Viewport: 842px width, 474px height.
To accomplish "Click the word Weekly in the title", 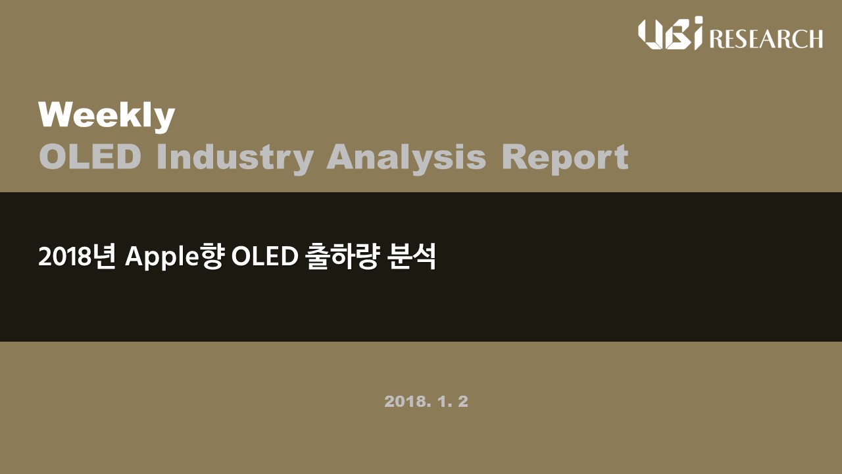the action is coord(107,117).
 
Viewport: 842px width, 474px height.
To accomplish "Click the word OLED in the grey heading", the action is coord(90,157).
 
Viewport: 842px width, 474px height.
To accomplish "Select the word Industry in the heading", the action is coord(235,159).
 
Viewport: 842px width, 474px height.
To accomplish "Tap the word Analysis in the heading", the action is coord(407,159).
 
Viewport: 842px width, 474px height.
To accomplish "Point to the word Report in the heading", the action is coord(565,159).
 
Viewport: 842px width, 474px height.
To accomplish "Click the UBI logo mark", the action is coord(670,33).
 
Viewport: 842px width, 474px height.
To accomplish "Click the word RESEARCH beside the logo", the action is coord(766,38).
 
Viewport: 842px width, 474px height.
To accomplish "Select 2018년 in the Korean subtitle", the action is coord(77,257).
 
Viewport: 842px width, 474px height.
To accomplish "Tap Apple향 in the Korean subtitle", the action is coord(175,257).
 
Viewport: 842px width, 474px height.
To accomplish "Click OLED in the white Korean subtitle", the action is coord(264,257).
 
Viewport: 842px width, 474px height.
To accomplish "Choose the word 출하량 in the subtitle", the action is coord(342,257).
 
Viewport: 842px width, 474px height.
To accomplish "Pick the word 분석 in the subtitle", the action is coord(412,257).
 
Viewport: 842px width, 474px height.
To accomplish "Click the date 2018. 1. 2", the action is coord(426,402).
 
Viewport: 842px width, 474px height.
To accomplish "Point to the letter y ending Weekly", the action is coord(163,121).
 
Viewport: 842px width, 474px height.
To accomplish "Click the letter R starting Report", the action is coord(514,157).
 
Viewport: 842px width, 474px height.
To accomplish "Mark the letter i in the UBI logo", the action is coord(698,33).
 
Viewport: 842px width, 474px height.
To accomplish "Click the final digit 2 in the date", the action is coord(464,402).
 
